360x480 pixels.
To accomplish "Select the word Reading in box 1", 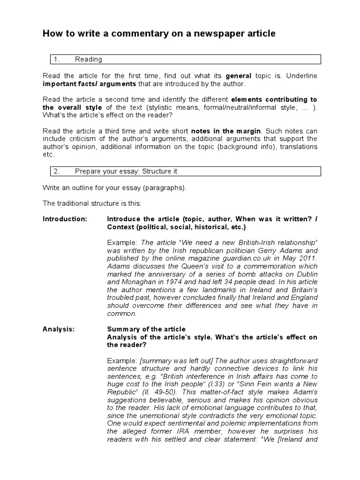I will pos(88,59).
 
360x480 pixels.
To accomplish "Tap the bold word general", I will pos(239,75).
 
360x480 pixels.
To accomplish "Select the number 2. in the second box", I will pos(57,171).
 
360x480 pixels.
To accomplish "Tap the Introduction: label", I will pos(65,219).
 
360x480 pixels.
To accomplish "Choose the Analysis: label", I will pos(59,329).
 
